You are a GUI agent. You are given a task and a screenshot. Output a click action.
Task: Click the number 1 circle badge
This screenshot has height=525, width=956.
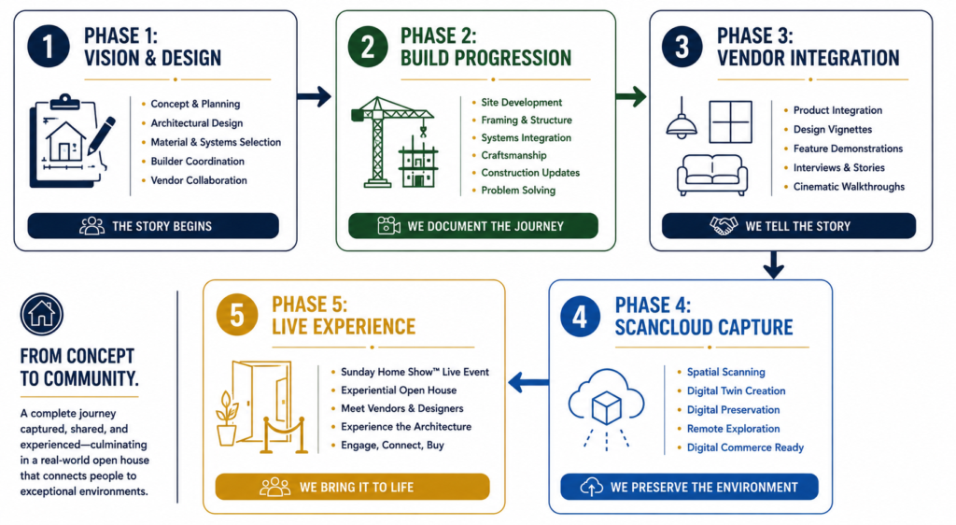(49, 46)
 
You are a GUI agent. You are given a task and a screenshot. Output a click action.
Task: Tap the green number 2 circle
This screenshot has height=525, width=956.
(368, 47)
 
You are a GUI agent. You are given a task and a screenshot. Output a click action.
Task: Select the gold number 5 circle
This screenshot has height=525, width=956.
(237, 315)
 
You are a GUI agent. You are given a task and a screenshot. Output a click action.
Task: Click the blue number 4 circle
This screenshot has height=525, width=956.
(581, 316)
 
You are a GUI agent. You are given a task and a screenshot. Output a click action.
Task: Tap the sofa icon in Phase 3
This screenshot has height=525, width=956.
(712, 175)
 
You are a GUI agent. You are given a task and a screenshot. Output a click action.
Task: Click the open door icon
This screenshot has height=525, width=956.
(261, 406)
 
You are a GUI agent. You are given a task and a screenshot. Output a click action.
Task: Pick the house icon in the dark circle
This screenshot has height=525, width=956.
(41, 314)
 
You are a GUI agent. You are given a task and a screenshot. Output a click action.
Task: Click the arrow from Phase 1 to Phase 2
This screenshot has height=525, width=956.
(315, 95)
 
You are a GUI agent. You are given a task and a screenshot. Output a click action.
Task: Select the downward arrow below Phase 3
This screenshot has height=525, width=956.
(774, 264)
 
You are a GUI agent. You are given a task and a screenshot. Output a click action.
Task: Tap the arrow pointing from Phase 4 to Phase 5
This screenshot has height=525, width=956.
(528, 383)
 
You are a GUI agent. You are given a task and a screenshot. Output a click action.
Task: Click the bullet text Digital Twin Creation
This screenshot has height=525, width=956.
(736, 390)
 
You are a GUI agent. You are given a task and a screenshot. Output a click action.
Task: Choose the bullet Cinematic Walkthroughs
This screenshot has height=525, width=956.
(849, 187)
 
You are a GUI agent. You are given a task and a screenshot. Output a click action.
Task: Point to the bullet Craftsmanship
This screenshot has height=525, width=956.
(513, 155)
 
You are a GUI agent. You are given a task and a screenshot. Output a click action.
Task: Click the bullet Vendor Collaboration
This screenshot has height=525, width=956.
(199, 180)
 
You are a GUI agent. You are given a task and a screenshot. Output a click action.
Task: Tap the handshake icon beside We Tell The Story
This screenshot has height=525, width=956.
(724, 226)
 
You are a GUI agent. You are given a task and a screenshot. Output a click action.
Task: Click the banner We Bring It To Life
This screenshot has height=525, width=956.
(352, 487)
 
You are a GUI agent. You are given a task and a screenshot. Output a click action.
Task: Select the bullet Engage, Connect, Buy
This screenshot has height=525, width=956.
(392, 445)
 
